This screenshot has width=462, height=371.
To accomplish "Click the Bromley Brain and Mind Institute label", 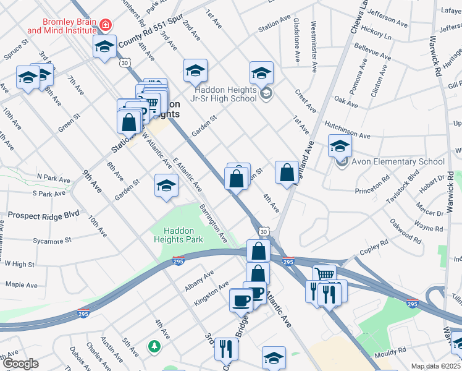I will (61, 25).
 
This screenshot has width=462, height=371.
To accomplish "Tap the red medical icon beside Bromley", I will (106, 25).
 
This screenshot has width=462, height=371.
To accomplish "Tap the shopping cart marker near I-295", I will (324, 275).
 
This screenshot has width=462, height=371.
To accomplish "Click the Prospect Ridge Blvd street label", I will (44, 215).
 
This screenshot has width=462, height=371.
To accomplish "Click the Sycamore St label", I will (52, 239).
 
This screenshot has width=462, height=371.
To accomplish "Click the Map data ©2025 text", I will (435, 366).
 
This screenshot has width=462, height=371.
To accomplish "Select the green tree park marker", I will (154, 347).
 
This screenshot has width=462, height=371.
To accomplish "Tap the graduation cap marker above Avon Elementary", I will (339, 147).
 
